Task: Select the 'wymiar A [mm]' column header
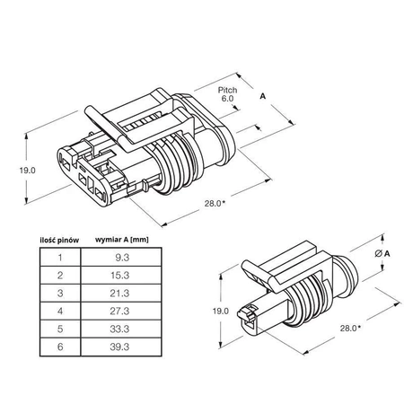coord(120,240)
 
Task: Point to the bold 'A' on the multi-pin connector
coord(262,93)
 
